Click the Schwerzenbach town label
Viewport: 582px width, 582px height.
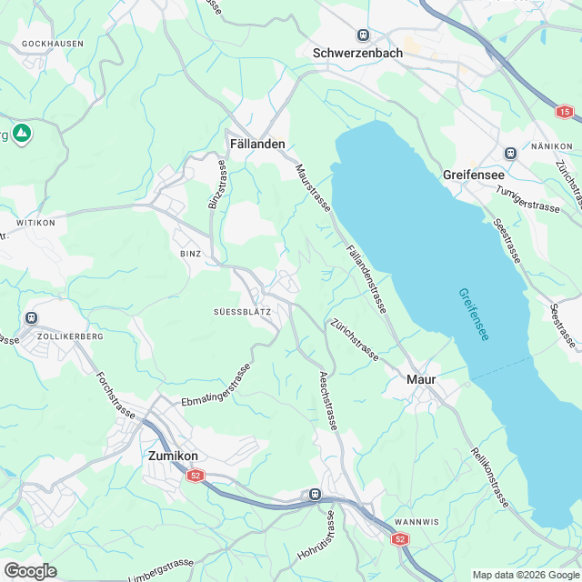click(x=356, y=53)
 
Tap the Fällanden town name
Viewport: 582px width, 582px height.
click(x=257, y=144)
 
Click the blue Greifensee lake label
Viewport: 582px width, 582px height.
click(x=473, y=315)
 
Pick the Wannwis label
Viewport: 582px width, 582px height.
click(x=417, y=522)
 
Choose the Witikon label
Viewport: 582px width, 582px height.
click(x=35, y=222)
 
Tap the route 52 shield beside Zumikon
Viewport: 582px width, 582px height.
click(x=196, y=476)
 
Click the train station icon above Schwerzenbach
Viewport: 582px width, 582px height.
click(x=364, y=35)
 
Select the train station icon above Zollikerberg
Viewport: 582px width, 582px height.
click(x=32, y=317)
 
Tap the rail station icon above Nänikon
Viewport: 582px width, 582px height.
click(x=509, y=152)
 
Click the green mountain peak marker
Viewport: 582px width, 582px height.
click(x=22, y=134)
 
